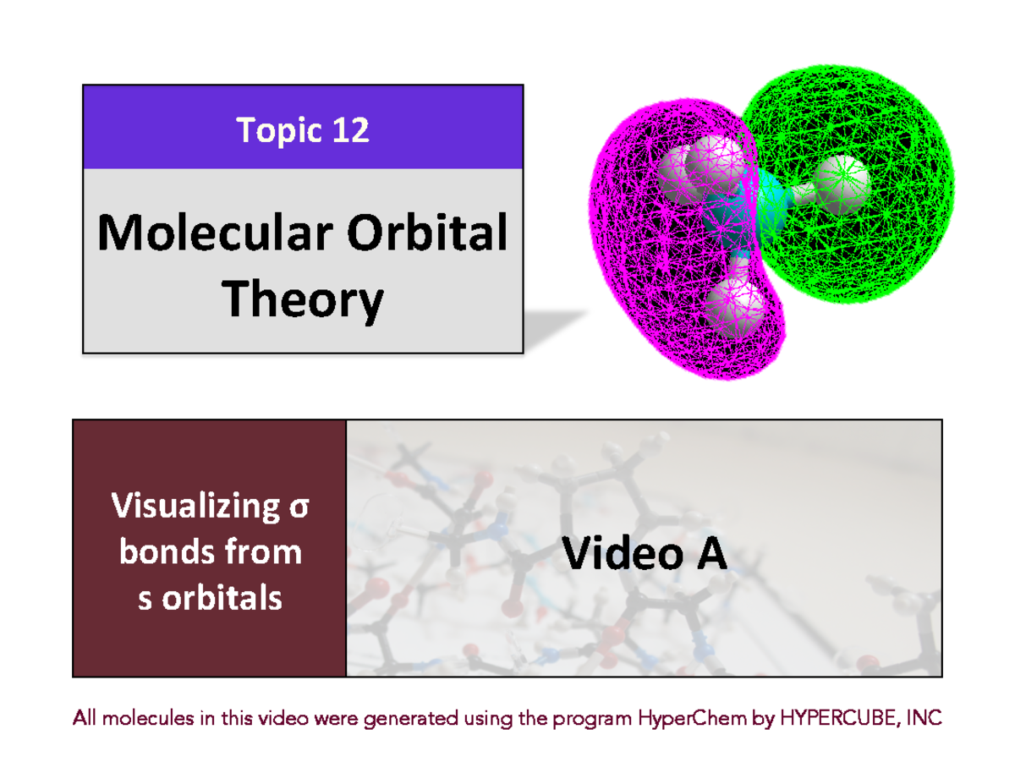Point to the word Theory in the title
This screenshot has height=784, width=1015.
pos(303,300)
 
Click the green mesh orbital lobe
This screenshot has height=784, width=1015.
pos(880,144)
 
